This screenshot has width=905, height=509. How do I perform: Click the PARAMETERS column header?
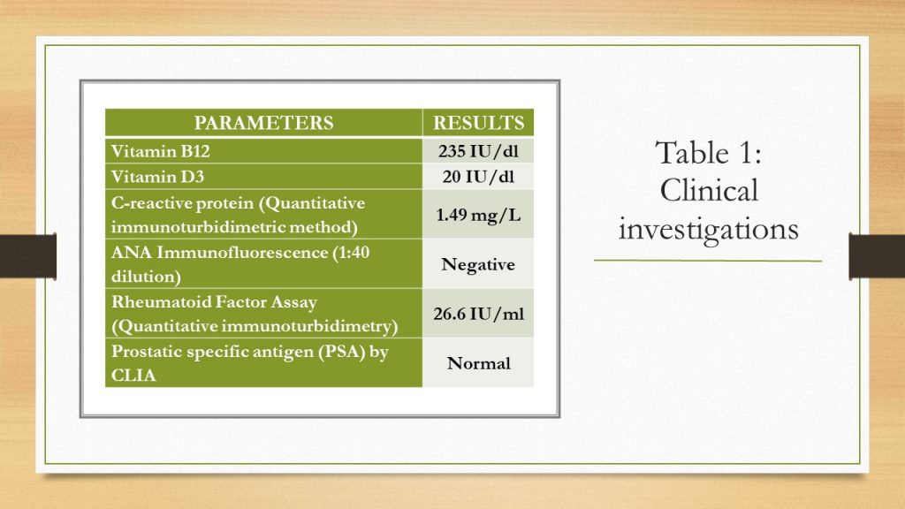(x=263, y=123)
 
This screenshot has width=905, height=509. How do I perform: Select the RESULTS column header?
(x=478, y=123)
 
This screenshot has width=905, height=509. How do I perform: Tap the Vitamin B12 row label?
(x=161, y=151)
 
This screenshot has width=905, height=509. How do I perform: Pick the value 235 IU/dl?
(x=478, y=151)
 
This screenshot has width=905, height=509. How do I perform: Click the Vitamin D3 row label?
(x=157, y=177)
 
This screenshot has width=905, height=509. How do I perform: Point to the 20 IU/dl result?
(x=478, y=177)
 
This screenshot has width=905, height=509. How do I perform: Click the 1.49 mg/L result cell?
(x=478, y=215)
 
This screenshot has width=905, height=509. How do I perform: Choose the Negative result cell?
(x=478, y=264)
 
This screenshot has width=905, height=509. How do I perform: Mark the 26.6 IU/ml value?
(x=478, y=314)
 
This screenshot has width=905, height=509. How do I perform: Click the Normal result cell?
(x=478, y=363)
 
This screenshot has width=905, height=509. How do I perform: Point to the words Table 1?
(x=709, y=153)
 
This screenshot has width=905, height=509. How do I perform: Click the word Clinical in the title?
(x=709, y=191)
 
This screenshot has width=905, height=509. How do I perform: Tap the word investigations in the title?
(x=709, y=229)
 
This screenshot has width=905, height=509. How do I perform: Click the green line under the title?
(x=708, y=261)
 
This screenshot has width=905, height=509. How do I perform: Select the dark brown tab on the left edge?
(x=28, y=255)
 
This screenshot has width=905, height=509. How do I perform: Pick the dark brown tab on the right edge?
(x=877, y=255)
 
